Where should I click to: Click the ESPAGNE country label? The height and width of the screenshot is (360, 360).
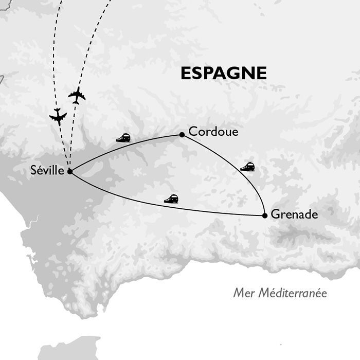point(224,74)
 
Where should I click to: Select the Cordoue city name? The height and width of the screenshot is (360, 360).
point(213,132)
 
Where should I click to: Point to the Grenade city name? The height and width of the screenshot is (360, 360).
point(294,215)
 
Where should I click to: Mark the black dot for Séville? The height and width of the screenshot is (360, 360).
point(69,171)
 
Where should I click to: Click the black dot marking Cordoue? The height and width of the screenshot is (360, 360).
point(182,135)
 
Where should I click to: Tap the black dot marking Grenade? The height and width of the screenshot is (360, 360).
point(264,215)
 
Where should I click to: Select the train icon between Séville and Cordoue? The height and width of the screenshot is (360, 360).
point(123,137)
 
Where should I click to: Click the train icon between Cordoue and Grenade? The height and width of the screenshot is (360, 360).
point(247,166)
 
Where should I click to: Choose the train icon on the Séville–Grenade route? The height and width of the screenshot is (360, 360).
point(171,199)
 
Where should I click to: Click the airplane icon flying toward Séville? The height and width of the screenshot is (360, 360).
point(58,117)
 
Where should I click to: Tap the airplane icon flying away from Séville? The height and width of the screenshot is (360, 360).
point(77,95)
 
